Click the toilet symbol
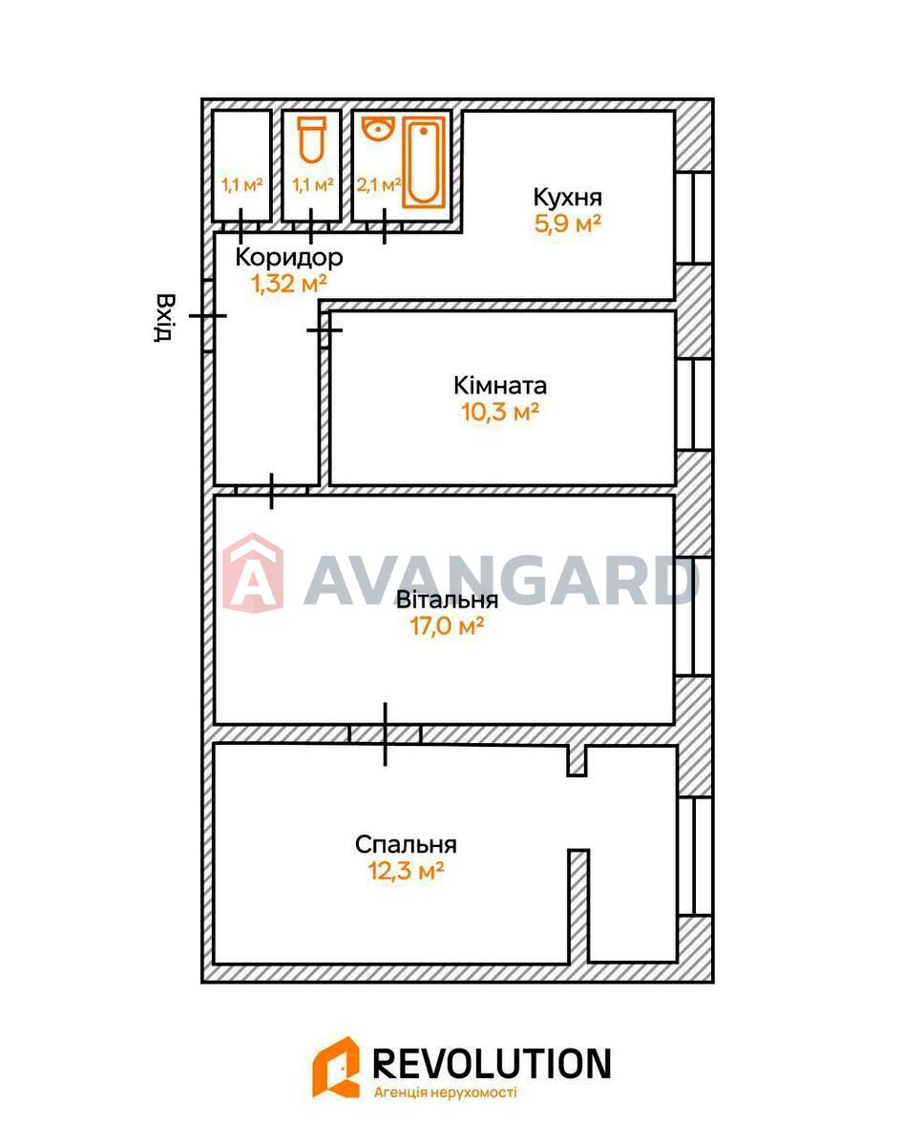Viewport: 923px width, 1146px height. click(x=311, y=139)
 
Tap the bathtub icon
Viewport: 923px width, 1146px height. click(x=424, y=162)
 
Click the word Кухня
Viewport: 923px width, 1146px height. click(x=567, y=198)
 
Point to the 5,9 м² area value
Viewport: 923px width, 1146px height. click(x=567, y=223)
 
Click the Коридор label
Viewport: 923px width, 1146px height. click(x=289, y=258)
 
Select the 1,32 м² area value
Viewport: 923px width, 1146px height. click(x=289, y=284)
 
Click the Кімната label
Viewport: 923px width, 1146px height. click(x=500, y=386)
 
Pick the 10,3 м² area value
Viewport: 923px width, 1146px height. click(x=500, y=412)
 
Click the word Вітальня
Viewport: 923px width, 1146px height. click(x=447, y=600)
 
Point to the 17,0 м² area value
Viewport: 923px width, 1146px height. click(x=447, y=626)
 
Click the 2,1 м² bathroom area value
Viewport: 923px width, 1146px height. click(x=379, y=185)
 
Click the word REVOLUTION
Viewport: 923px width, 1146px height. click(x=492, y=1064)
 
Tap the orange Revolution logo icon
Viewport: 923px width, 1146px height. click(x=336, y=1067)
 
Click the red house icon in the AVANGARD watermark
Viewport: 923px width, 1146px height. click(x=253, y=572)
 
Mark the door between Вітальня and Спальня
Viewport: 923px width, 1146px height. click(x=386, y=735)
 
